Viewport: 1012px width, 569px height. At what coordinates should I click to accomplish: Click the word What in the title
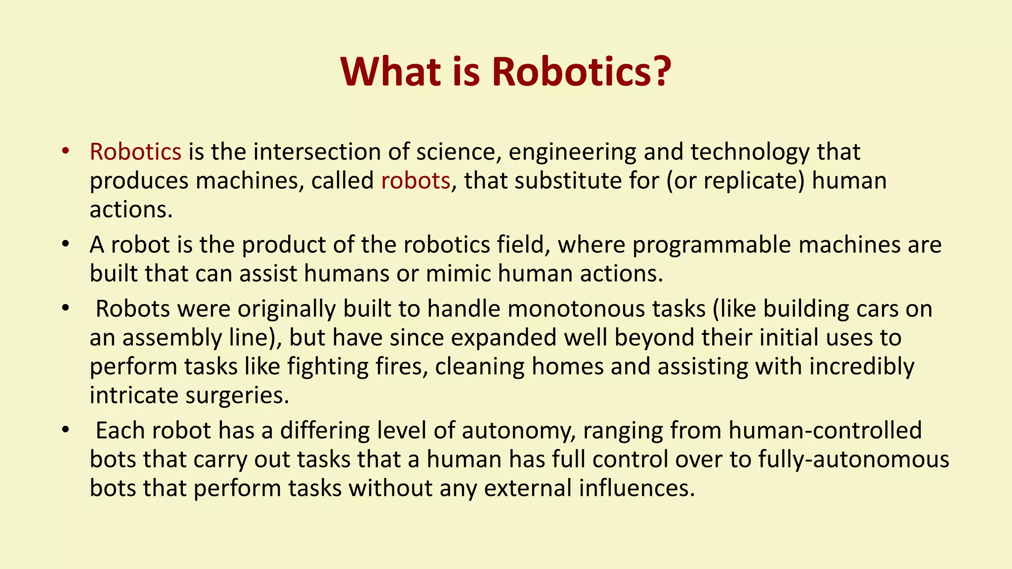pyautogui.click(x=390, y=72)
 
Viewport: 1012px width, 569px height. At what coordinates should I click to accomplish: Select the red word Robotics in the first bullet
pyautogui.click(x=135, y=152)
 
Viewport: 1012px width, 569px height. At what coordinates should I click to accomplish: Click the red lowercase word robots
pyautogui.click(x=416, y=180)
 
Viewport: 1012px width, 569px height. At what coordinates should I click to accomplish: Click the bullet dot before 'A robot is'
pyautogui.click(x=65, y=244)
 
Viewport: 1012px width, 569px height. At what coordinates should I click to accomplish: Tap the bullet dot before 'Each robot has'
pyautogui.click(x=65, y=430)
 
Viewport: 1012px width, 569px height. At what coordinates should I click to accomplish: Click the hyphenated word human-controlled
pyautogui.click(x=825, y=430)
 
